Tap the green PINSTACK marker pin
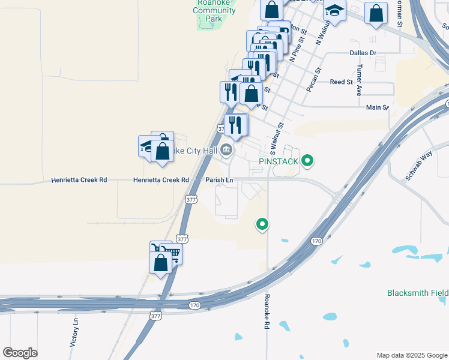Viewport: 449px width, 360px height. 308,160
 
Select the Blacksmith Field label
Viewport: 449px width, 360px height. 417,293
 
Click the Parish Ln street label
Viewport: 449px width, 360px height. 219,179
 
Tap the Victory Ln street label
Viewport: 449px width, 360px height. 74,333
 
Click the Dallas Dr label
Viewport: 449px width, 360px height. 363,53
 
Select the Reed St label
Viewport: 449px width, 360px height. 341,82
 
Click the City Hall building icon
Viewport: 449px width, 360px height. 226,150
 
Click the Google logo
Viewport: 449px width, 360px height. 20,352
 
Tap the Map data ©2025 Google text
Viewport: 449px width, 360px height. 411,355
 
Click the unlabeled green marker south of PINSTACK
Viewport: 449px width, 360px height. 262,224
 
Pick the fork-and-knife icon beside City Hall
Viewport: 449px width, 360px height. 236,125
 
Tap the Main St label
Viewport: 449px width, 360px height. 377,107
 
